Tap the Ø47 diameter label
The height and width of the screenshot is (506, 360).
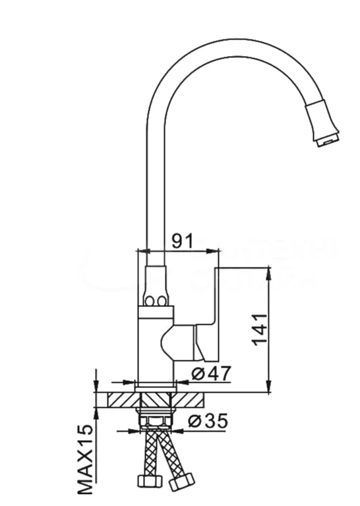pyautogui.click(x=210, y=374)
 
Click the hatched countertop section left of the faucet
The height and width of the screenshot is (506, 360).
pyautogui.click(x=116, y=399)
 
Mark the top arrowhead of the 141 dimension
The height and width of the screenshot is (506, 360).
pyautogui.click(x=269, y=272)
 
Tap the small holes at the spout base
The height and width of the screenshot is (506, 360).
pyautogui.click(x=156, y=302)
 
